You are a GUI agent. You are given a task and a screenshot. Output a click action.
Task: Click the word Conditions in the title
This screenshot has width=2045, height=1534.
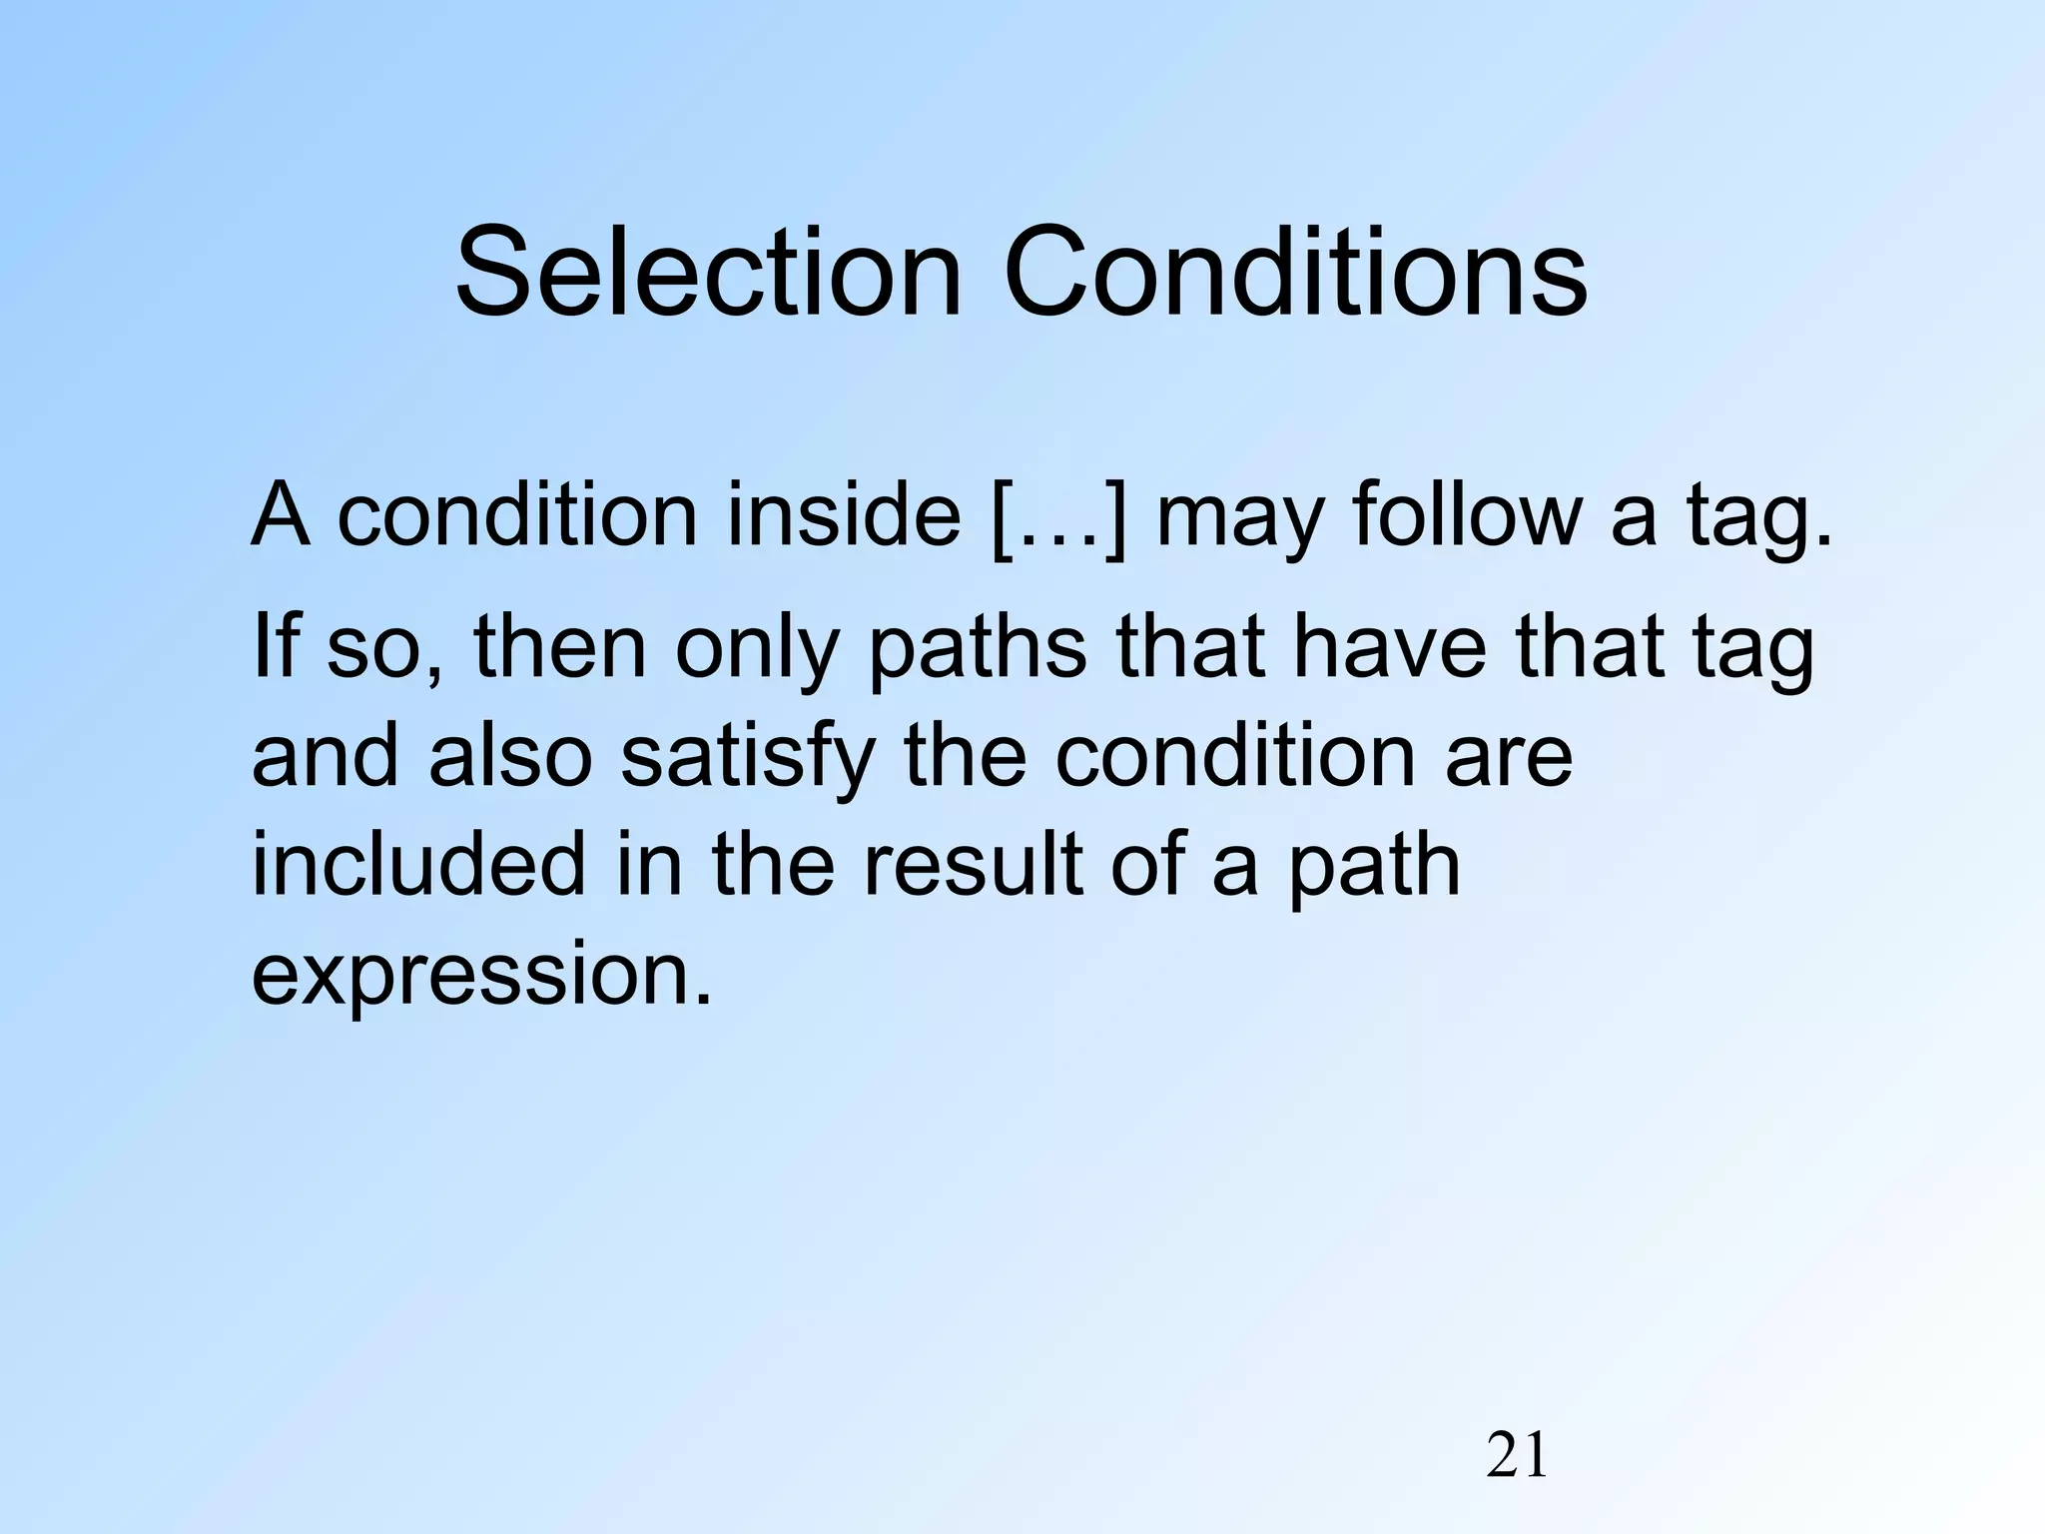pos(1295,272)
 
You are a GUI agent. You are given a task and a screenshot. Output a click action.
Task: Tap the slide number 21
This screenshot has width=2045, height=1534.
pos(1517,1456)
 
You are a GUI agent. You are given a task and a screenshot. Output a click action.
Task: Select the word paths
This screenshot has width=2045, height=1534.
pos(978,649)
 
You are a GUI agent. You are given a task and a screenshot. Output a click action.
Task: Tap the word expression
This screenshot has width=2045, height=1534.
pos(483,977)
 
